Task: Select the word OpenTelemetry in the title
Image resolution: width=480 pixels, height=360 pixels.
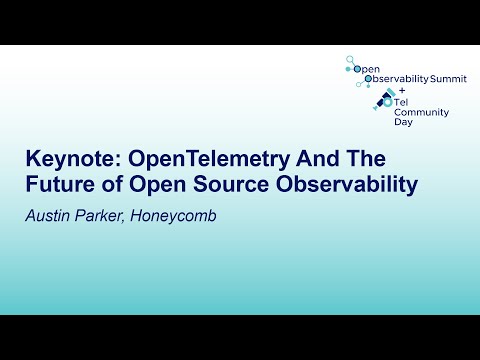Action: (x=187, y=161)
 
